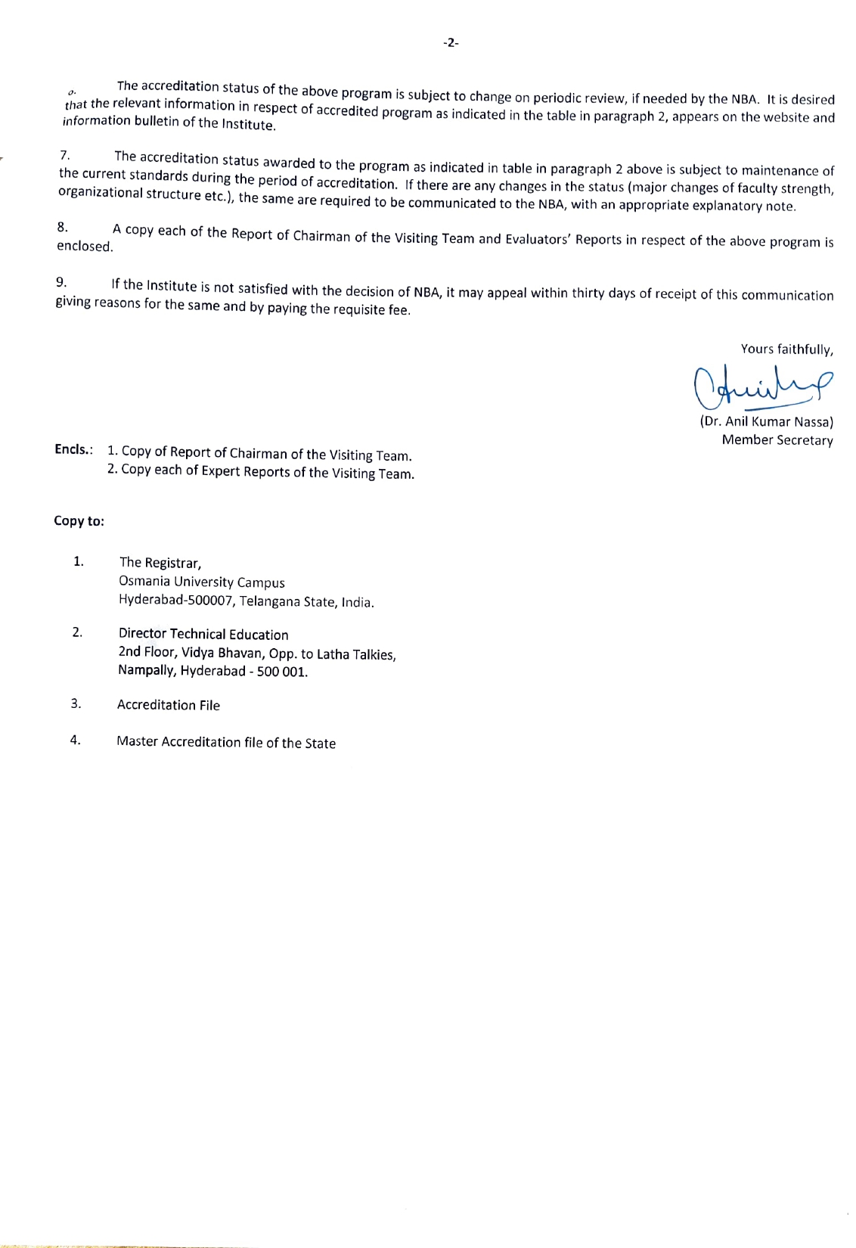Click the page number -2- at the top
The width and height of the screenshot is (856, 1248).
[451, 43]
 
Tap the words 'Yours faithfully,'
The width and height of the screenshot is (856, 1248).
[786, 349]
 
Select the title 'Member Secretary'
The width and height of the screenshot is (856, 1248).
[777, 440]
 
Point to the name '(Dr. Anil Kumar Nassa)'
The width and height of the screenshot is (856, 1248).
[766, 422]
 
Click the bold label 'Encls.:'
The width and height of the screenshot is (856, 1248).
[73, 449]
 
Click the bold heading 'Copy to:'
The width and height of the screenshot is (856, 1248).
[79, 521]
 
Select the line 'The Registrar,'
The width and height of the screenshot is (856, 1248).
[160, 563]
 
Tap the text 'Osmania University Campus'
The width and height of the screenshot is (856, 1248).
[202, 582]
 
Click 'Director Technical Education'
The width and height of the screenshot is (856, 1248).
[203, 635]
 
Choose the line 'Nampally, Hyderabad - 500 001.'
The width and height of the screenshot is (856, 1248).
[213, 671]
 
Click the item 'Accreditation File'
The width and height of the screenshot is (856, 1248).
[169, 705]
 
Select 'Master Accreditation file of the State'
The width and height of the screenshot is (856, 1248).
[226, 743]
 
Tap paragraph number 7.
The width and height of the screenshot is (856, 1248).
[65, 156]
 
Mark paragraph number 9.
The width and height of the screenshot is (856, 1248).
[61, 282]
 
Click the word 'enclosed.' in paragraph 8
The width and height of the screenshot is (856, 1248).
[85, 247]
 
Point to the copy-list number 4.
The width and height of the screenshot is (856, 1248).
[76, 740]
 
